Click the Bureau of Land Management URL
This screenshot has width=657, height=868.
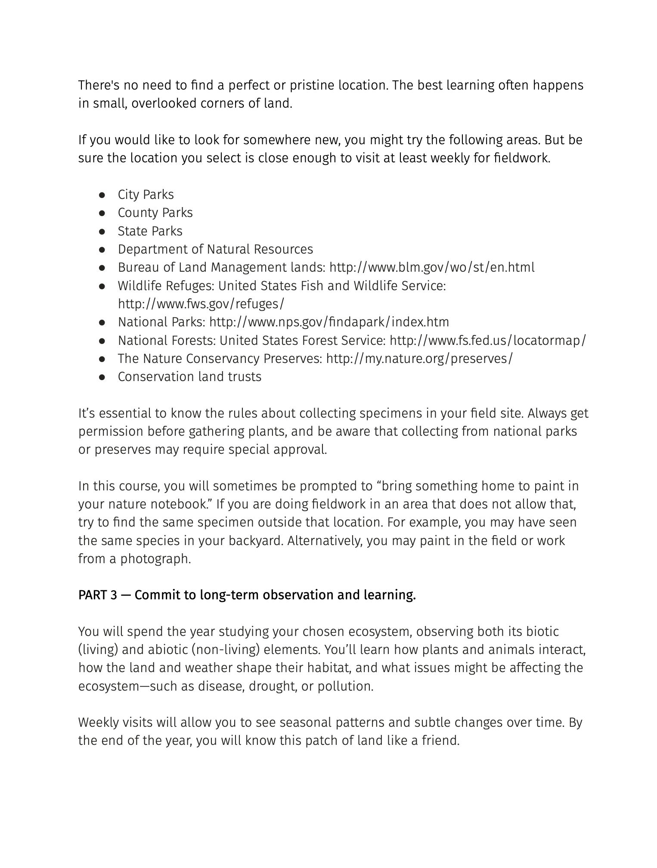[x=432, y=267]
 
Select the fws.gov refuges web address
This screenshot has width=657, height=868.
[x=201, y=304]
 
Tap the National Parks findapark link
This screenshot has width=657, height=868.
[x=329, y=322]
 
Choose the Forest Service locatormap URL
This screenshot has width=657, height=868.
[x=488, y=340]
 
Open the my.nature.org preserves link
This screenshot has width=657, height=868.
[x=419, y=359]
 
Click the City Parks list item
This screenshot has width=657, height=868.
[x=146, y=195]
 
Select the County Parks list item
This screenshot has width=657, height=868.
[x=155, y=213]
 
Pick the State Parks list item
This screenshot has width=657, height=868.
[x=150, y=231]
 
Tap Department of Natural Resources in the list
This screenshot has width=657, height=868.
[x=215, y=249]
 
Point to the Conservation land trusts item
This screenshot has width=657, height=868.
[x=189, y=377]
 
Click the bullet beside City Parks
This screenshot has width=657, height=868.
[x=102, y=195]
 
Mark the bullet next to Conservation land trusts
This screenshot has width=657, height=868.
[x=102, y=377]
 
